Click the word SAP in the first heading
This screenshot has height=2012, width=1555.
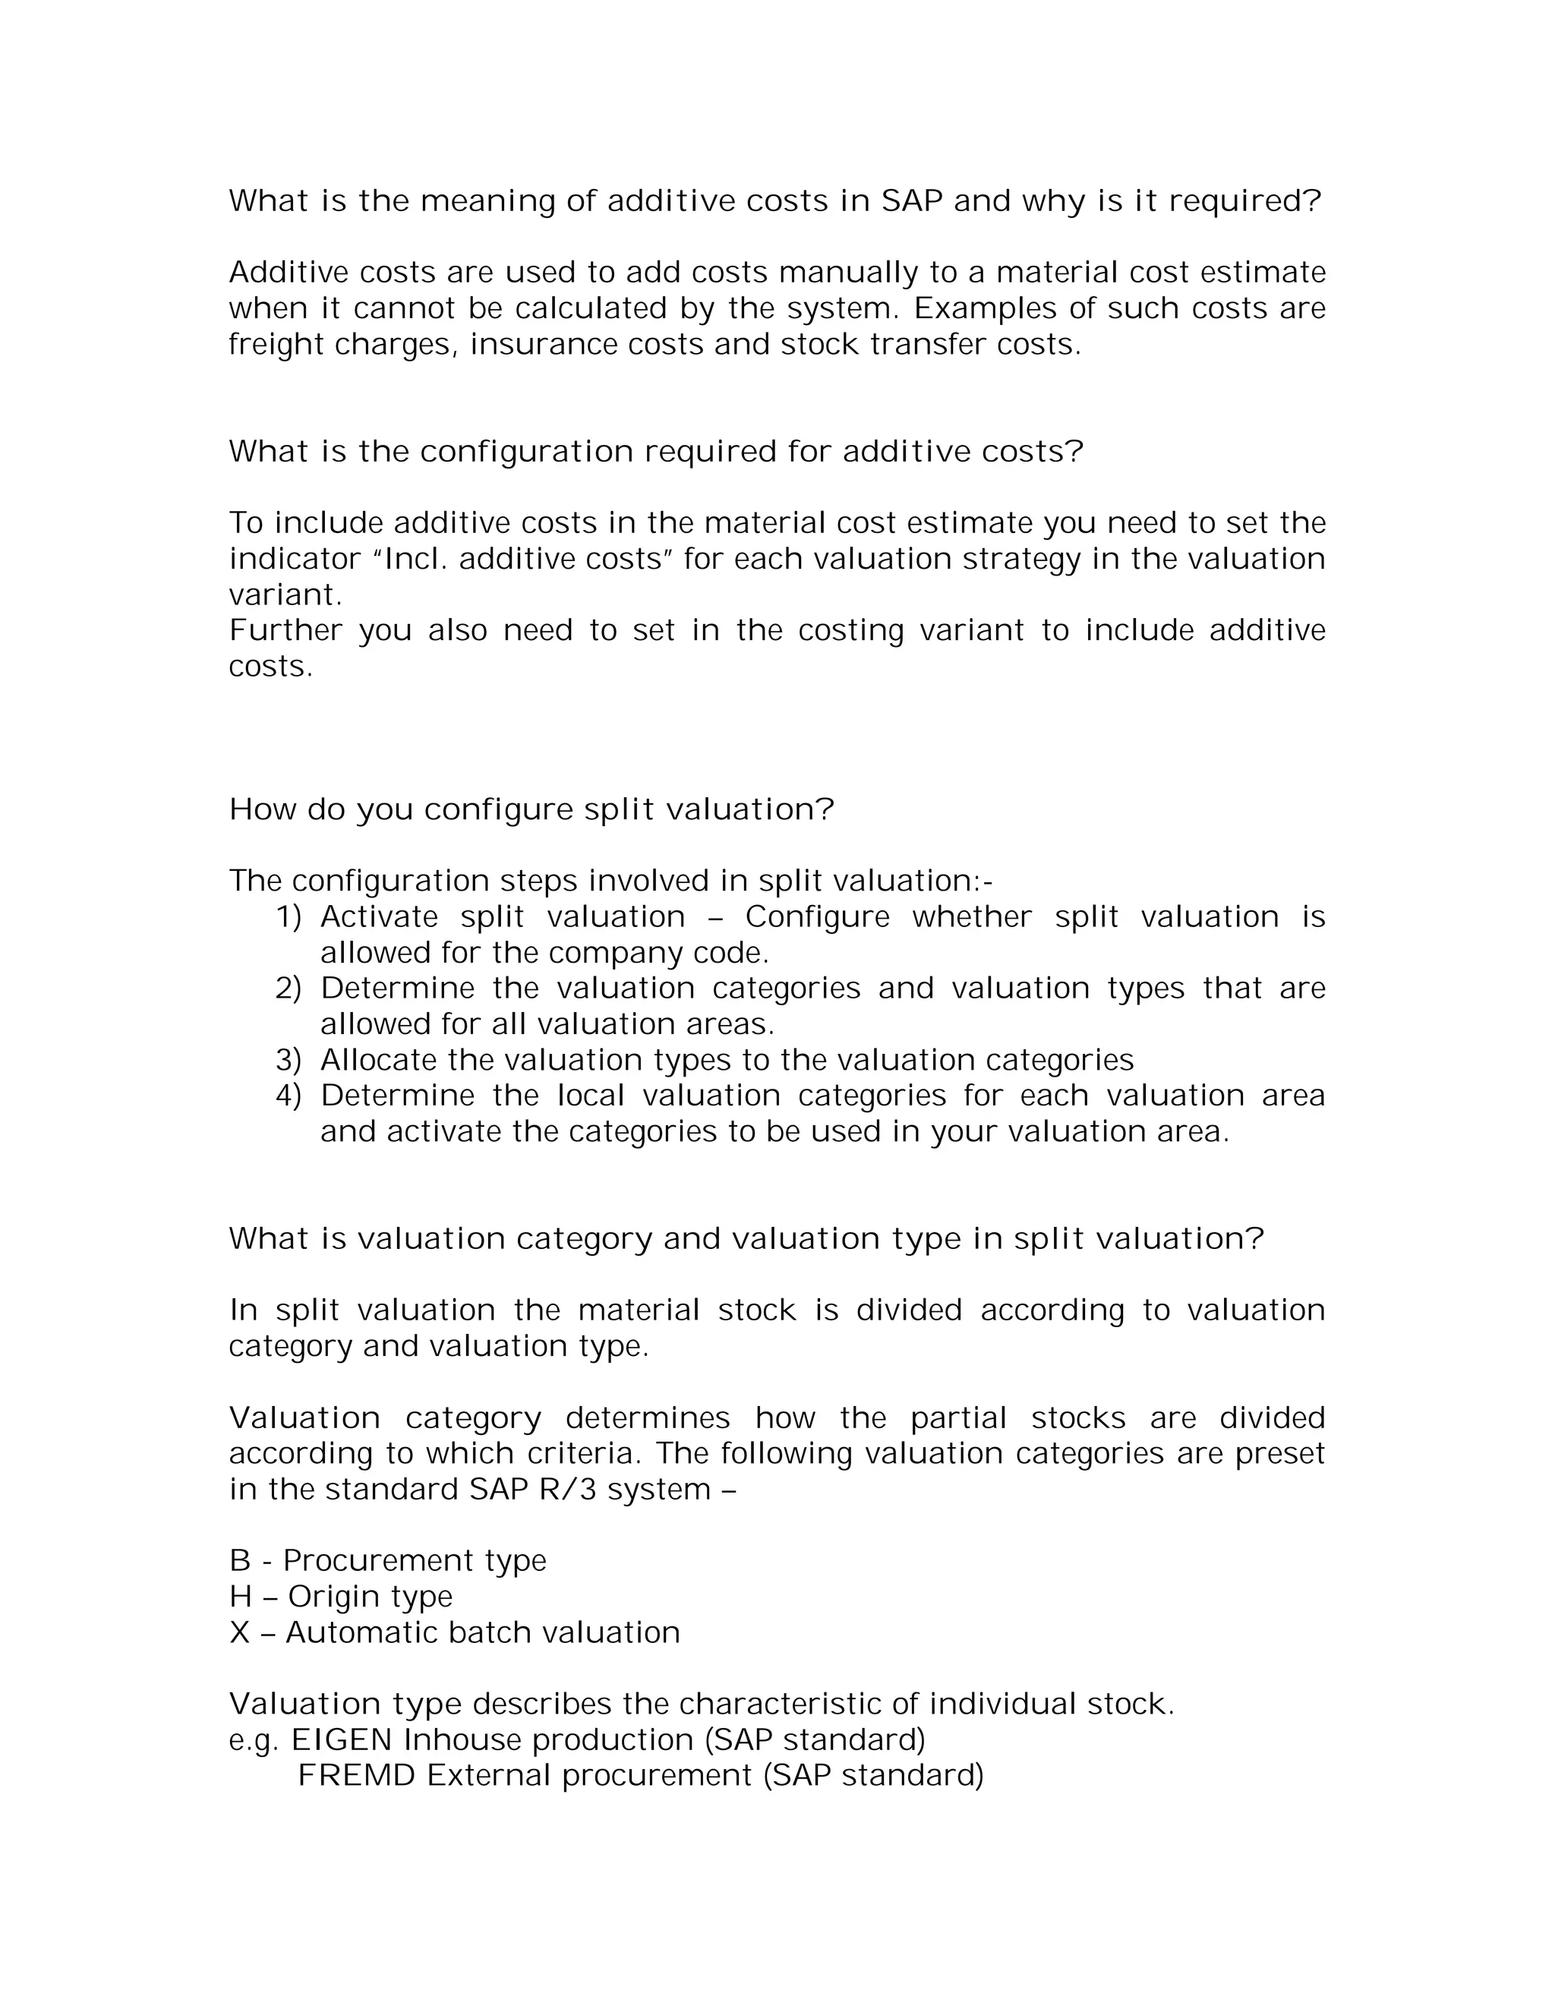pyautogui.click(x=911, y=201)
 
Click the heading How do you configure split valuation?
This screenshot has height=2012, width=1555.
pyautogui.click(x=531, y=810)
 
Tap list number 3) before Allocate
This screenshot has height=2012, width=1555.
pyautogui.click(x=289, y=1061)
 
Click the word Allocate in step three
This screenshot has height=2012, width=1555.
pyautogui.click(x=379, y=1061)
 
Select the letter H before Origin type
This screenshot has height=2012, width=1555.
pyautogui.click(x=239, y=1597)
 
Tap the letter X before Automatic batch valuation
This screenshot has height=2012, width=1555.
pyautogui.click(x=239, y=1632)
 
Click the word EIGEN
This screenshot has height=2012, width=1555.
pyautogui.click(x=342, y=1740)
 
